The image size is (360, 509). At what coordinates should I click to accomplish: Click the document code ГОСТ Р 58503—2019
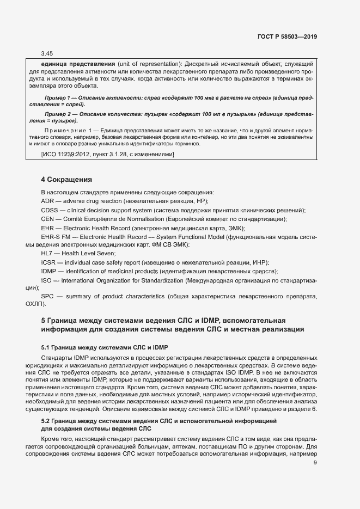click(287, 36)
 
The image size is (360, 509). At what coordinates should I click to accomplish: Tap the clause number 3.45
click(47, 53)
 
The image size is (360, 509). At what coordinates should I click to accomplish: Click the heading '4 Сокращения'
click(67, 179)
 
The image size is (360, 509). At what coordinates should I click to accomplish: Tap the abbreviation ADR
click(47, 201)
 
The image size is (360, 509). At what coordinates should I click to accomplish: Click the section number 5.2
click(46, 421)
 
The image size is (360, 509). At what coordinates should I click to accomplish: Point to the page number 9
click(315, 464)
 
